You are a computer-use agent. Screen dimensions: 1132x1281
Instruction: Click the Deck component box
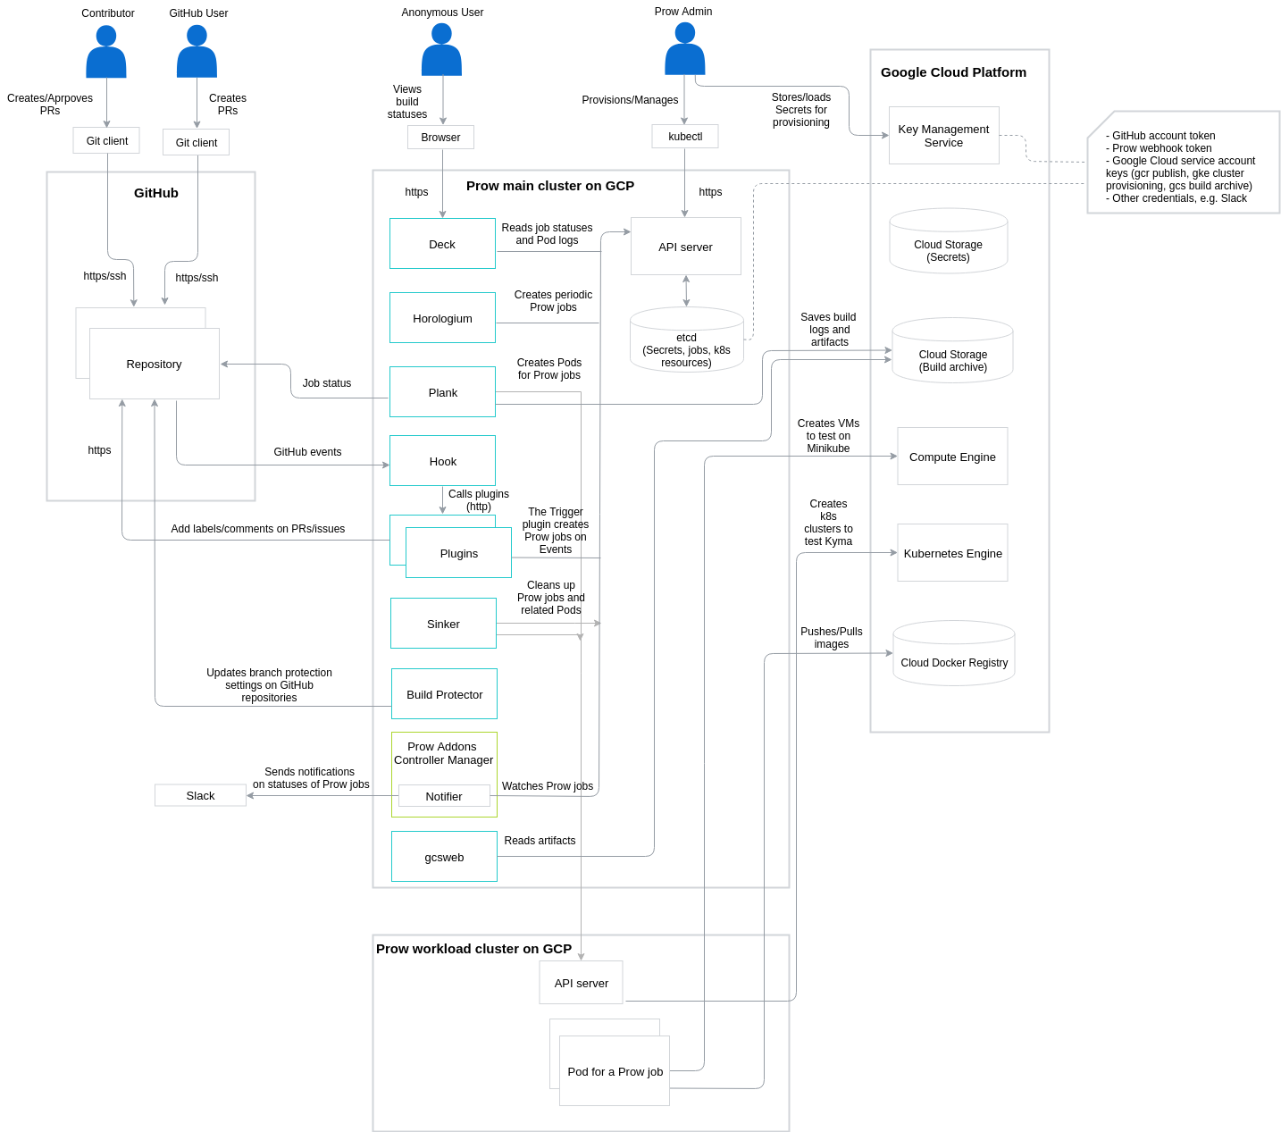442,244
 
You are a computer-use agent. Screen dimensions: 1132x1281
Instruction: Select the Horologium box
442,318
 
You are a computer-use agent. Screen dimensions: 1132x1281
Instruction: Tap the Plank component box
442,392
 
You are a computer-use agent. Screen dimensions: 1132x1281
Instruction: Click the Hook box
442,461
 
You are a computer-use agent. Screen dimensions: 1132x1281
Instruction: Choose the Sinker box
443,624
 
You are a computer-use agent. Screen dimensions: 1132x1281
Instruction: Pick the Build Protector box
444,694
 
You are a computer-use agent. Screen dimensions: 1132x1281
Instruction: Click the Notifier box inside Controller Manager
444,796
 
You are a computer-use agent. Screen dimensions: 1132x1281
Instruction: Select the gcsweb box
444,857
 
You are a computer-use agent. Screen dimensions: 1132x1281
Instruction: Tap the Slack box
200,795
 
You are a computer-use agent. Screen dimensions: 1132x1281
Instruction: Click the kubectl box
685,137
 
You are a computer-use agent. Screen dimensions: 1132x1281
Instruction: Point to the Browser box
440,138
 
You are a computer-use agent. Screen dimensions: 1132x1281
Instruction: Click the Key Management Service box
943,136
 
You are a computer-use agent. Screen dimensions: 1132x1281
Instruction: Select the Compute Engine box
952,457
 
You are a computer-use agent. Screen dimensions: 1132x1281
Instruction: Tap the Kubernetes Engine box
952,553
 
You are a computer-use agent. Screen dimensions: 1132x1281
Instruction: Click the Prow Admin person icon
685,50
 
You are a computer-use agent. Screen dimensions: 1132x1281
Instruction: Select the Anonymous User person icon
441,51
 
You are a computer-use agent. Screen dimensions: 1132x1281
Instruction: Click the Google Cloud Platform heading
953,72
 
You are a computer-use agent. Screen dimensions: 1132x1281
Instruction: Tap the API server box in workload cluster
581,983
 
